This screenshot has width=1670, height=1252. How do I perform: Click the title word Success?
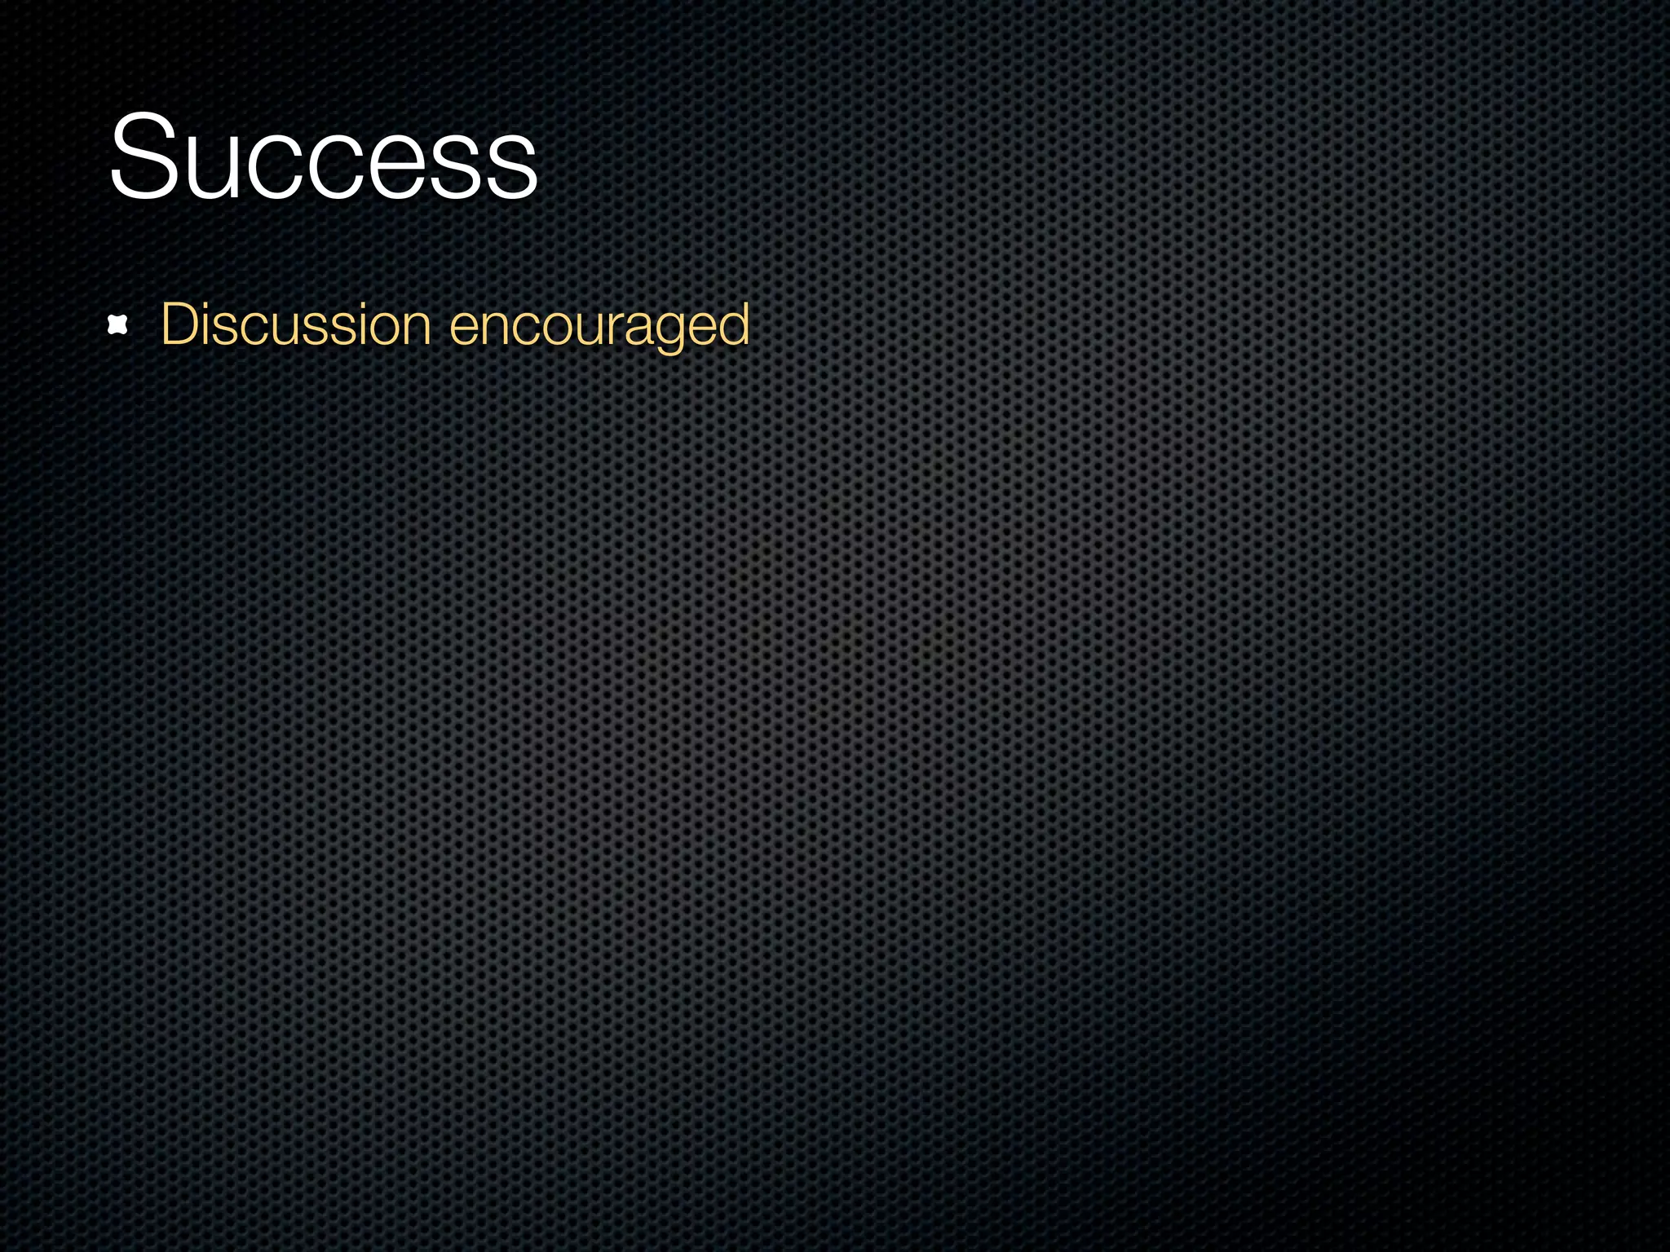pos(323,157)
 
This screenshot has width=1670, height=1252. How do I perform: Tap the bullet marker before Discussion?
pos(118,326)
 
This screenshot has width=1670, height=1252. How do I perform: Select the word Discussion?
pos(295,325)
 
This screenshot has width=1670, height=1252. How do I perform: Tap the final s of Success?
pos(511,167)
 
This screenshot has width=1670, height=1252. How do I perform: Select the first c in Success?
pos(268,167)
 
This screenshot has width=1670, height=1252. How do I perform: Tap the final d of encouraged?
pos(733,324)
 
